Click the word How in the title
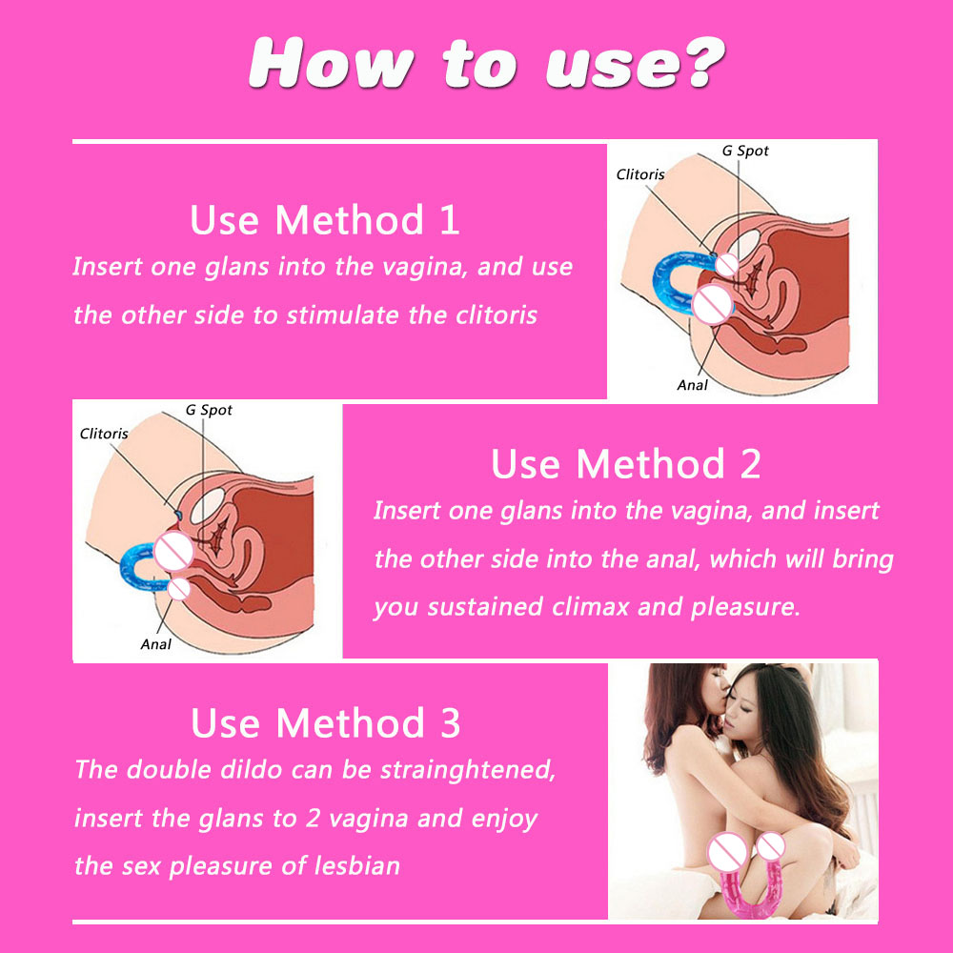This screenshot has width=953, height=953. pyautogui.click(x=332, y=63)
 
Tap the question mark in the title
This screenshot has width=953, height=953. pyautogui.click(x=705, y=62)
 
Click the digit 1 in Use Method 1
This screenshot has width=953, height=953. pyautogui.click(x=449, y=219)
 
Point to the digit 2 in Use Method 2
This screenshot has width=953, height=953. pyautogui.click(x=750, y=464)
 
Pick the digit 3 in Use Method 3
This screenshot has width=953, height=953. pyautogui.click(x=451, y=723)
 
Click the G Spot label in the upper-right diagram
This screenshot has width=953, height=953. pyautogui.click(x=745, y=151)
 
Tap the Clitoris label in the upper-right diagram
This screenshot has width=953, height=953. pyautogui.click(x=640, y=174)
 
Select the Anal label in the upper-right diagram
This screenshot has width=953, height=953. pyautogui.click(x=692, y=385)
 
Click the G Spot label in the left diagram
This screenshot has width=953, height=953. pyautogui.click(x=209, y=410)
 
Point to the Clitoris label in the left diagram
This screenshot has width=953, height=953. pyautogui.click(x=103, y=434)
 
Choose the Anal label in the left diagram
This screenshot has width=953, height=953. pyautogui.click(x=155, y=644)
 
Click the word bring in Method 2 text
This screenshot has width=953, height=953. pyautogui.click(x=862, y=560)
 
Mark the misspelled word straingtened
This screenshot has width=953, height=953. pyautogui.click(x=467, y=770)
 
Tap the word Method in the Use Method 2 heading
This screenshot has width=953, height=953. pyautogui.click(x=650, y=464)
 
